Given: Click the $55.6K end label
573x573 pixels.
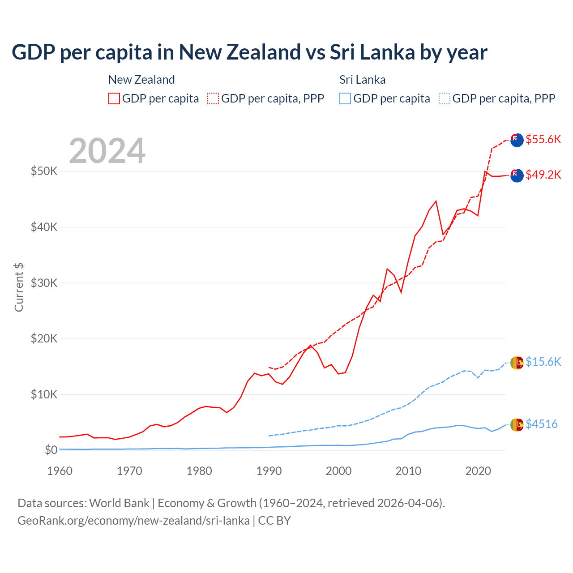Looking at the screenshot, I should coord(543,139).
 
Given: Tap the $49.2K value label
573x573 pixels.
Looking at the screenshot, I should coord(543,175).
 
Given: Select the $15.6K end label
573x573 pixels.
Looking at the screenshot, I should coord(543,362).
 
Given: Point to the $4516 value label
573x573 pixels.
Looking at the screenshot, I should coord(541,424).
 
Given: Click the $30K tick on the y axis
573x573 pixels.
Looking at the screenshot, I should coord(44,283).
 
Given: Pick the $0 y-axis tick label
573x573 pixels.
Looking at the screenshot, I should coord(51,450).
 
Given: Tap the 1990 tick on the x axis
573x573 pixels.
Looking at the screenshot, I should coord(269,471).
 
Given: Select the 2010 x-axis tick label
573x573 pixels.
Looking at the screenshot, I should coord(408,471).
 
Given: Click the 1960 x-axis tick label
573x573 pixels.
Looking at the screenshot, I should coord(60,471).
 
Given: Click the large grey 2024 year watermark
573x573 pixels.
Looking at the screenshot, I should coord(107,151).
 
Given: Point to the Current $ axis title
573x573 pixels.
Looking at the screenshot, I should coord(19,287).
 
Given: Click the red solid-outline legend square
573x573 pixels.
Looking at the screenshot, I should coord(114,98).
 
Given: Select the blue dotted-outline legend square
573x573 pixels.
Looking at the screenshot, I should coord(444,98).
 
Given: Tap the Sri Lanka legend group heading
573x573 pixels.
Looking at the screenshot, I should coord(362,80).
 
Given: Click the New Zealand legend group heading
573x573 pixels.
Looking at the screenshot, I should coord(141,80).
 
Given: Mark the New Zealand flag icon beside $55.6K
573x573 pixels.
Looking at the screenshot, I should coord(517,140).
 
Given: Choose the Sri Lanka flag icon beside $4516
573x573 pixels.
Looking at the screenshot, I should coord(517,424).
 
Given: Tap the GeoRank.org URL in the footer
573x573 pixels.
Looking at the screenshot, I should coord(133,521).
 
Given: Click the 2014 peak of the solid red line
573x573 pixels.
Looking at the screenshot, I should coord(436,201).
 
